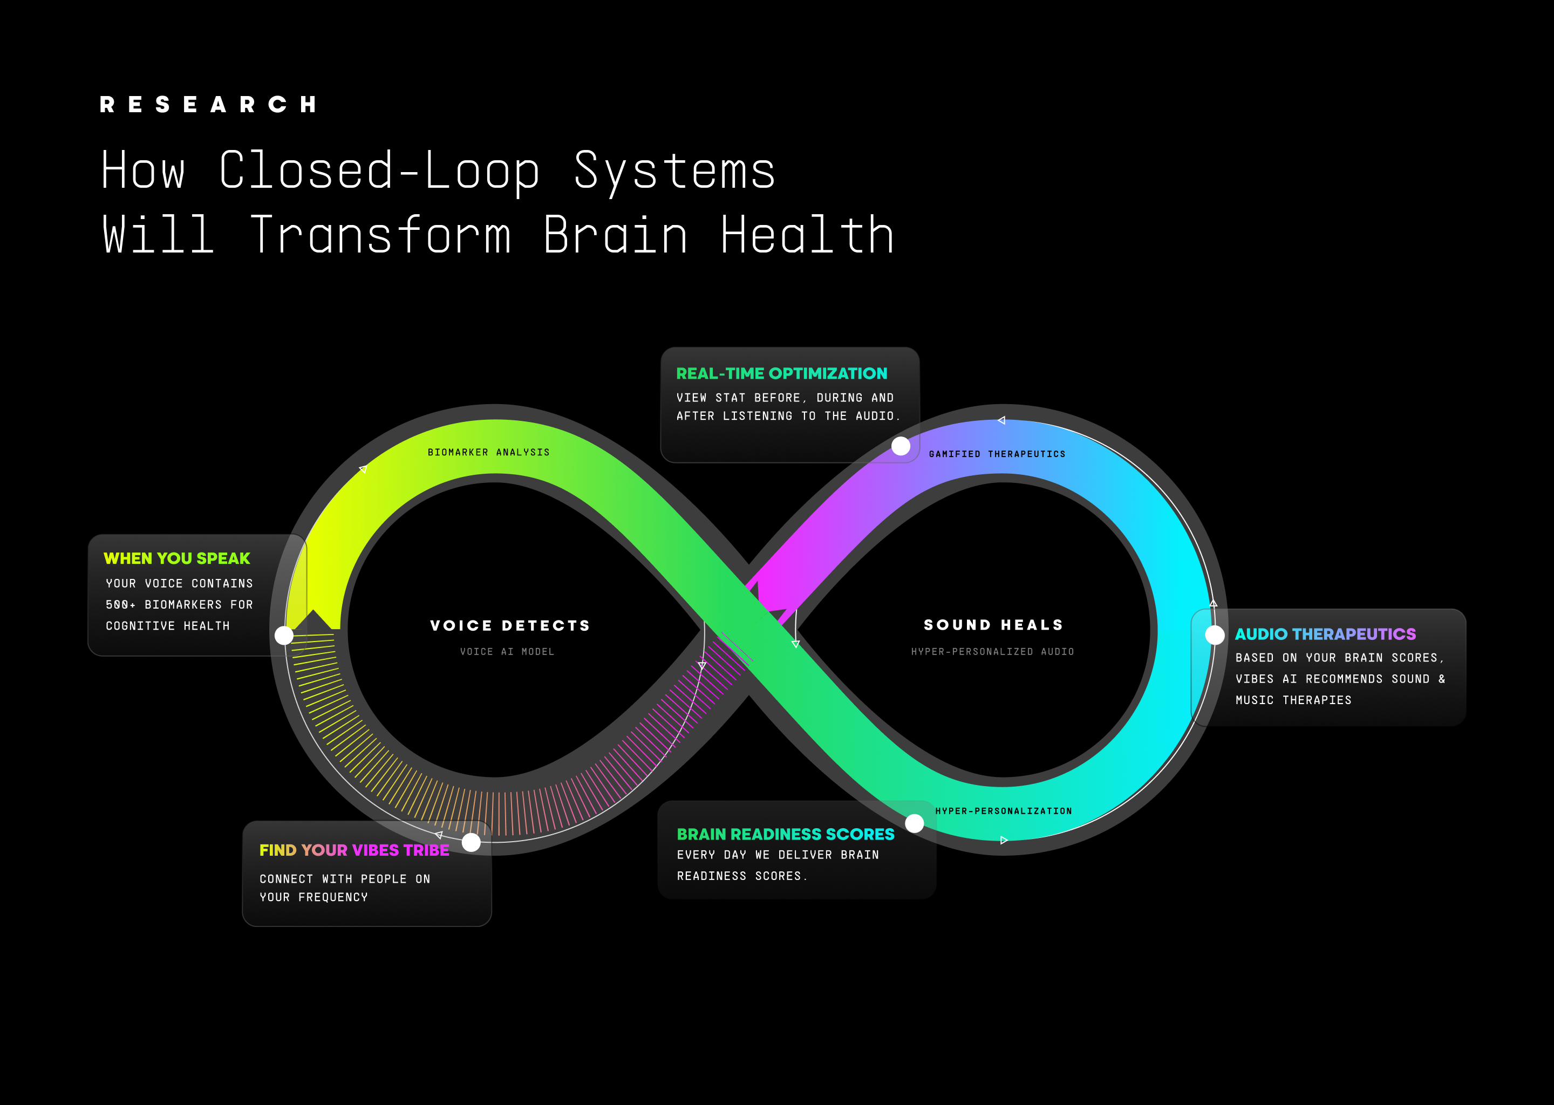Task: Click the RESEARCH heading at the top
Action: [x=208, y=104]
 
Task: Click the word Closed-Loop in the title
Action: [x=379, y=170]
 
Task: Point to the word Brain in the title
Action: [x=615, y=235]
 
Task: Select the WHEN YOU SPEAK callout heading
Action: [x=177, y=558]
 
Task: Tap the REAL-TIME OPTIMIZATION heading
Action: [x=781, y=373]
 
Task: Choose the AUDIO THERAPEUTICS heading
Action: [x=1325, y=634]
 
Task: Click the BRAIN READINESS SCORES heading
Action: [x=785, y=834]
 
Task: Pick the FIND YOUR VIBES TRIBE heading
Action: [x=354, y=850]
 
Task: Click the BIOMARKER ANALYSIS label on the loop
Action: [x=488, y=453]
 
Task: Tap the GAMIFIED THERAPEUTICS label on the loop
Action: [x=997, y=454]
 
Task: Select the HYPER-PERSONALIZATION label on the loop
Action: [x=1004, y=811]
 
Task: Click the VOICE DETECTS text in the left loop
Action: [x=509, y=626]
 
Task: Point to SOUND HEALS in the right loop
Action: [x=993, y=625]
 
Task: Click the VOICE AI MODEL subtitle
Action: [x=507, y=652]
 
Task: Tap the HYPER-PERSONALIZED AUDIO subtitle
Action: [x=993, y=652]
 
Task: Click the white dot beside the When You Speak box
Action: [x=284, y=636]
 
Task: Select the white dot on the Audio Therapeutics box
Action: [x=1215, y=635]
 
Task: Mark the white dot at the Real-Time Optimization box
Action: [x=901, y=446]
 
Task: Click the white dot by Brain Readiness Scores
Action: [x=915, y=823]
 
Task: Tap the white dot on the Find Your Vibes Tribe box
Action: [x=471, y=842]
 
